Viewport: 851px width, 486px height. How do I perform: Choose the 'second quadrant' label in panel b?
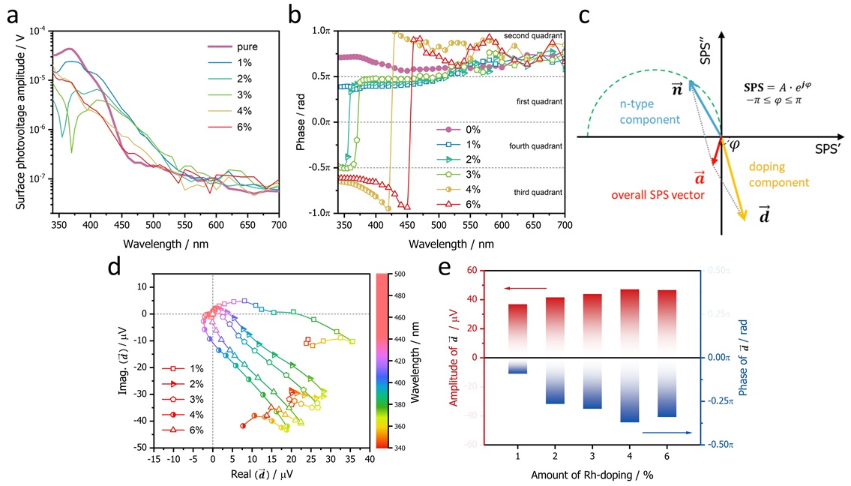[x=533, y=35]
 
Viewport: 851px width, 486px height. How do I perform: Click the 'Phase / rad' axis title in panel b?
[x=301, y=121]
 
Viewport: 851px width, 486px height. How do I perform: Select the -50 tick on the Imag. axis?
[x=139, y=447]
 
